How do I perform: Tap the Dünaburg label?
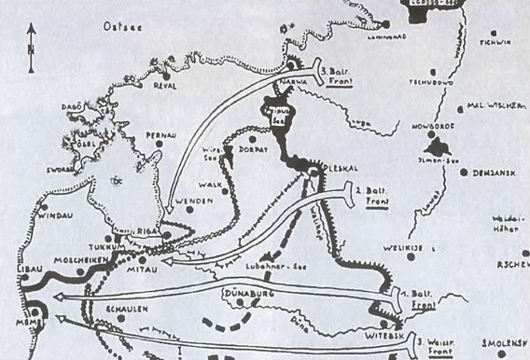coord(245,295)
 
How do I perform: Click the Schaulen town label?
coord(125,304)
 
